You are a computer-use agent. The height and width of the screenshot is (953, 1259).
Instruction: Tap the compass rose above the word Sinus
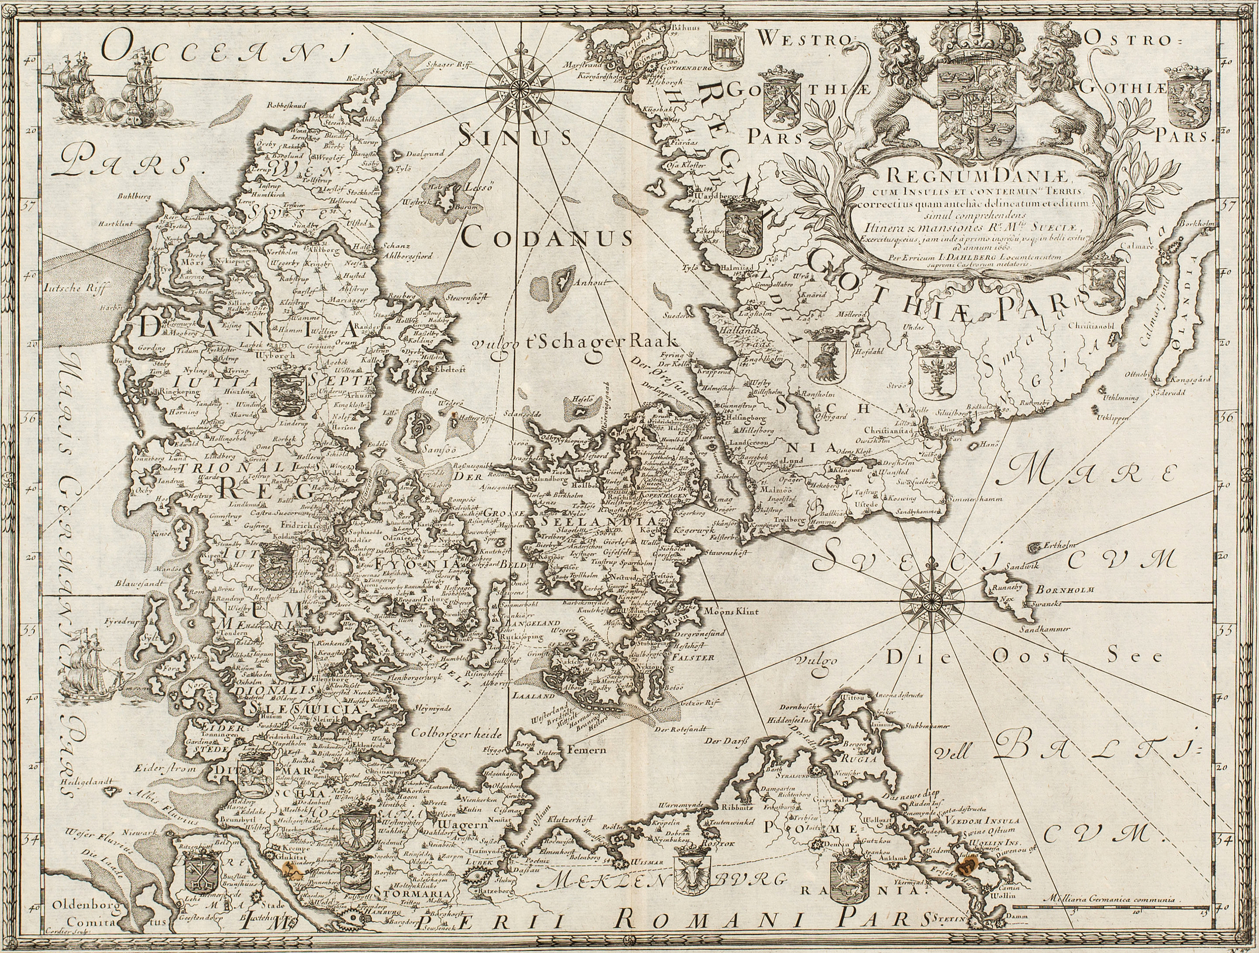[519, 86]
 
